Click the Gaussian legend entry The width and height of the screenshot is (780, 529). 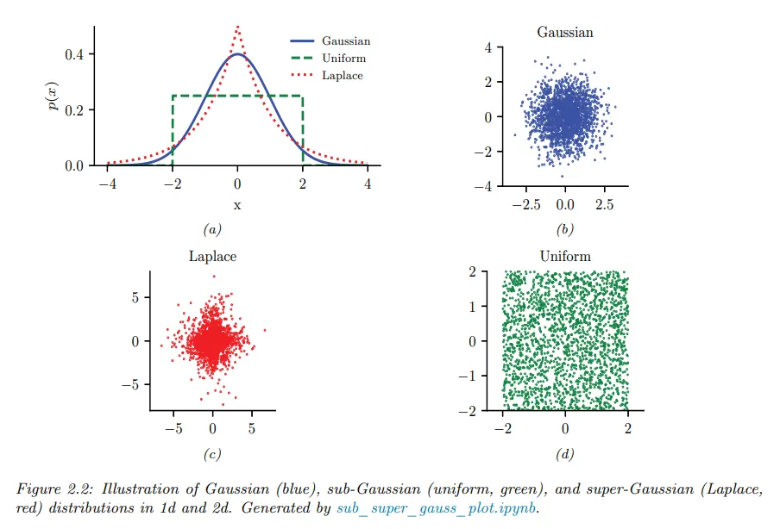345,41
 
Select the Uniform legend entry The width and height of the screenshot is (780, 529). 343,59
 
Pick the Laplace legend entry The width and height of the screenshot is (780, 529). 342,76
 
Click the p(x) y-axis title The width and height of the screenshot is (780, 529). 54,96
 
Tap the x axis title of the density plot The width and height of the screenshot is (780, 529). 237,205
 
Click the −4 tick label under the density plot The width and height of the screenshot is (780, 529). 106,184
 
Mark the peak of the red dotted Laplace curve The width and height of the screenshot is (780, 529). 237,27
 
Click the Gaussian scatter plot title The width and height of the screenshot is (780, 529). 565,33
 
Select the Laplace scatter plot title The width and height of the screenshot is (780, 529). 212,257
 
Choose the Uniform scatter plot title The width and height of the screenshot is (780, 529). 565,257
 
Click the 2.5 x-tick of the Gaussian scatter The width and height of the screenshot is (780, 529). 604,206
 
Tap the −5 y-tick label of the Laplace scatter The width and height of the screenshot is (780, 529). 131,384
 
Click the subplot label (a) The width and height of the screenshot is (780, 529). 212,230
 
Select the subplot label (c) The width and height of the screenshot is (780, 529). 212,455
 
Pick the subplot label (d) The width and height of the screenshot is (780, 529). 565,455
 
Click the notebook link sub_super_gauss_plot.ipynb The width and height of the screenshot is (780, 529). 437,508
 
